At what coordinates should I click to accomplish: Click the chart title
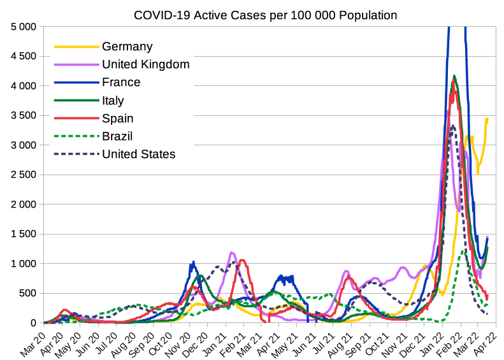coord(265,15)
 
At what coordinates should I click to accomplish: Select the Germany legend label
coord(127,47)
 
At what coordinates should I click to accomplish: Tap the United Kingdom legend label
coord(146,64)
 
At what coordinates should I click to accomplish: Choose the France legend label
coord(121,82)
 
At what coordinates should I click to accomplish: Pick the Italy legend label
coord(113,101)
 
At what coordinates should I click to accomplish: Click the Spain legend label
coord(118,119)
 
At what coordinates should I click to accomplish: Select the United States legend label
coord(139,154)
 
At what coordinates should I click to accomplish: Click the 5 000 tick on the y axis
coord(24,27)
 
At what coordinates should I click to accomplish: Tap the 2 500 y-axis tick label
coord(24,175)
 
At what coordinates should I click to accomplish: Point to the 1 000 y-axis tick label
coord(24,263)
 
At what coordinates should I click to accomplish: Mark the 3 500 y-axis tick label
coord(24,115)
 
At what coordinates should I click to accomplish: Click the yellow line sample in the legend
coord(77,47)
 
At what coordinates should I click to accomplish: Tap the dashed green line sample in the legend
coord(77,136)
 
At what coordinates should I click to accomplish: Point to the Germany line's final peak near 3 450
coord(487,119)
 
